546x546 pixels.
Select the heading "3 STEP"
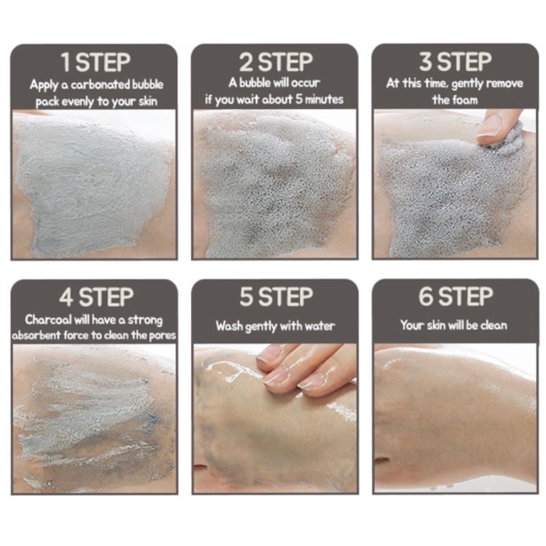(x=456, y=62)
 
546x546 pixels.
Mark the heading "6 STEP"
(x=456, y=297)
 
